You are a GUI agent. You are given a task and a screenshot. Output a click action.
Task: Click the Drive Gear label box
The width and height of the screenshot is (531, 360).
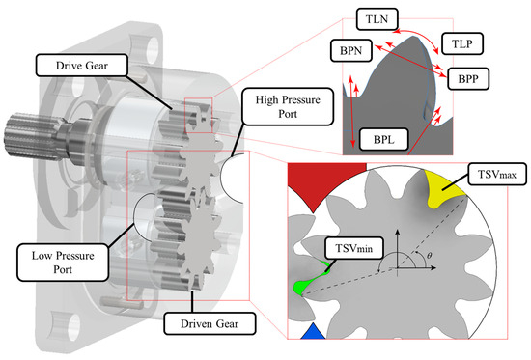tap(82, 65)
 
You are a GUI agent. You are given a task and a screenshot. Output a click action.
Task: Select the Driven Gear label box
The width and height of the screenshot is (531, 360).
tap(210, 323)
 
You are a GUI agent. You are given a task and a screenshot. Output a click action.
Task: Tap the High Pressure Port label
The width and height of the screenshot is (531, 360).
tap(288, 107)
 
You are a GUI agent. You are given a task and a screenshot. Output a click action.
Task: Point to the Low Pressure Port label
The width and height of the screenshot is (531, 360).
tap(63, 263)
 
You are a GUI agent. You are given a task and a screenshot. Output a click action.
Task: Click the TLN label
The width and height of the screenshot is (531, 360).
tap(377, 19)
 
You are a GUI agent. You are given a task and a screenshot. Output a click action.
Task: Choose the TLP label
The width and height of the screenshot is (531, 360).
tap(462, 43)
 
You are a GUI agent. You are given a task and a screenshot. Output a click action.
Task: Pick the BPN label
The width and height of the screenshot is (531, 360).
tap(351, 50)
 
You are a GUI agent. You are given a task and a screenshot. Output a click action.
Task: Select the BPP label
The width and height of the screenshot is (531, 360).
tap(468, 78)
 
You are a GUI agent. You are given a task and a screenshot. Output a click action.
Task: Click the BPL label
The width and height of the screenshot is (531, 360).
tap(383, 139)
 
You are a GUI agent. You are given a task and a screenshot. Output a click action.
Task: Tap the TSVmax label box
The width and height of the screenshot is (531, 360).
tap(497, 174)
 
